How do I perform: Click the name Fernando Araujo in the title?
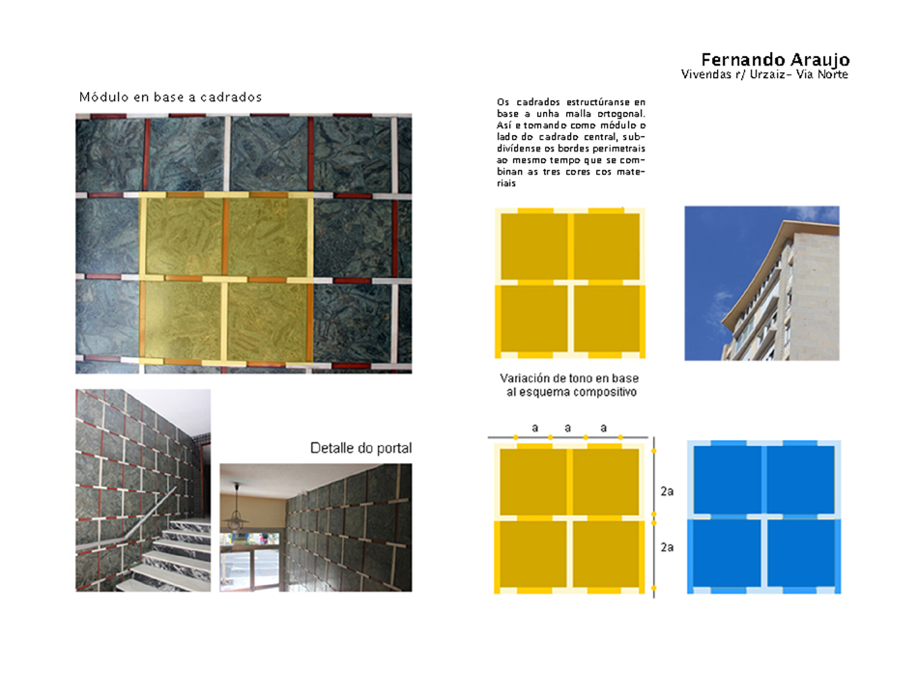(775, 60)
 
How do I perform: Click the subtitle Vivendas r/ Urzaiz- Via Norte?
(764, 74)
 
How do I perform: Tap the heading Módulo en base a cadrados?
(170, 97)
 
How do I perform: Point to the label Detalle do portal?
(360, 448)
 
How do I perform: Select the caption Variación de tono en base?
(569, 378)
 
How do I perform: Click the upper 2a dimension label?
(667, 491)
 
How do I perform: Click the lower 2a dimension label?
(667, 547)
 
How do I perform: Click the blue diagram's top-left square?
(727, 480)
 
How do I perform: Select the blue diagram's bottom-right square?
(801, 553)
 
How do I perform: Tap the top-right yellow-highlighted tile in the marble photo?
(269, 236)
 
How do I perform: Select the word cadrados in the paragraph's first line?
(538, 102)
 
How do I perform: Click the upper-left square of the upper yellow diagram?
(534, 246)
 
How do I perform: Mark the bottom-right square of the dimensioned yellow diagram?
(605, 554)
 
